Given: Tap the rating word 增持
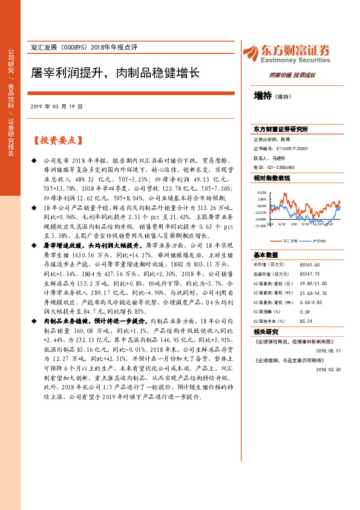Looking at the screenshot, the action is click(263, 96).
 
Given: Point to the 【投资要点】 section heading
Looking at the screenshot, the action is click(57, 141).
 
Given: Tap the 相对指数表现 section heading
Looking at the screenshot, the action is click(272, 179).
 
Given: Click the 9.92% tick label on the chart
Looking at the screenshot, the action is click(261, 193).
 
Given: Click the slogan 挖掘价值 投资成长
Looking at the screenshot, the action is click(292, 75).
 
